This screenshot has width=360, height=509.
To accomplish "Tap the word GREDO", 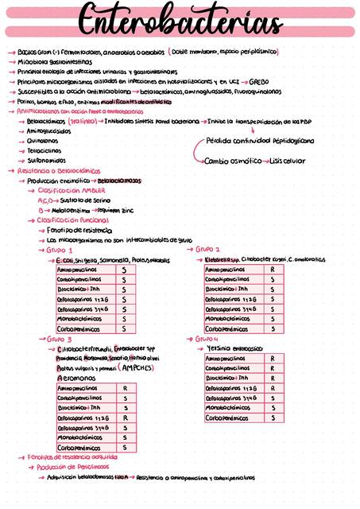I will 259,81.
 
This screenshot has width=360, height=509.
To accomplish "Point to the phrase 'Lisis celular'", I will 287,160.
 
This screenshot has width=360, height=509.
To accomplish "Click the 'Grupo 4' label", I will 208,338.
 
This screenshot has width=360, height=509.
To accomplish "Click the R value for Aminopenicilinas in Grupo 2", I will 273,270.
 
